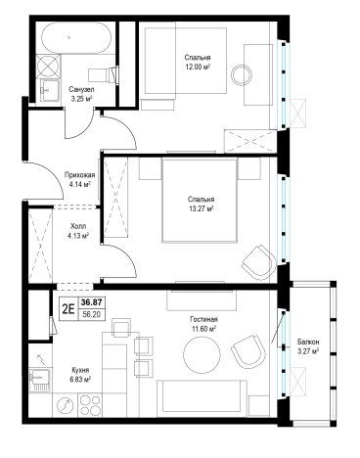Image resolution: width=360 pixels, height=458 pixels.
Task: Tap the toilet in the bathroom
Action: coord(103,74)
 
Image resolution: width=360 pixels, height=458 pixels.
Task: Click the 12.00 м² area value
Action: coord(198,68)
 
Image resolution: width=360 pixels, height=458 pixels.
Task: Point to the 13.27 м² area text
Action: coord(201,208)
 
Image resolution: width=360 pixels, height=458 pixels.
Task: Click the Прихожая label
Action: coord(80,175)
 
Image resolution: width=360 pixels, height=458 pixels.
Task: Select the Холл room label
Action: coord(78,226)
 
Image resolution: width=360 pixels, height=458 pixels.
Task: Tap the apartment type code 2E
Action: coord(68,308)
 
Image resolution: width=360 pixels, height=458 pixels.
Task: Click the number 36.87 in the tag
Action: coord(92,302)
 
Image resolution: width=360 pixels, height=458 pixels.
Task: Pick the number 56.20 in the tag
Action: coord(92,314)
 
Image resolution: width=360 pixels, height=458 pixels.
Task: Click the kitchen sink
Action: coord(40,380)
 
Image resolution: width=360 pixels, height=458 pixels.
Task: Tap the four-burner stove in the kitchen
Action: coord(90,405)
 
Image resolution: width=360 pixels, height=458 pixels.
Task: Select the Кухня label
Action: coord(80,370)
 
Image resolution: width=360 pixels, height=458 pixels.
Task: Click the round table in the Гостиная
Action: coord(202,355)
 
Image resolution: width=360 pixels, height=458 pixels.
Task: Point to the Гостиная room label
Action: coord(204,319)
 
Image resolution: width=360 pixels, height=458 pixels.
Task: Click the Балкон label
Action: coord(308,343)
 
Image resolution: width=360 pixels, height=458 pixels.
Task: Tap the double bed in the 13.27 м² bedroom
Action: coord(200,201)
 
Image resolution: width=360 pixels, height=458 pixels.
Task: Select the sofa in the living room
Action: coord(202,398)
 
